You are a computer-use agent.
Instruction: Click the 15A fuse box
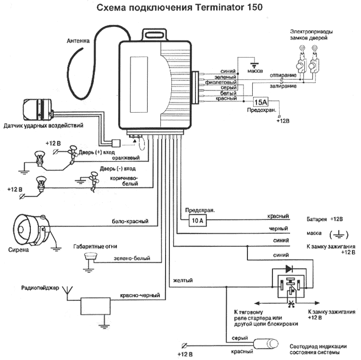coord(260,103)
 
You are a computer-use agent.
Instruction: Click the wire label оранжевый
coord(125,157)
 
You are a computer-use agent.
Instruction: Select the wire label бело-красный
coord(127,221)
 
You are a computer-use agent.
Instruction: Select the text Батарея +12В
coord(324,219)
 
